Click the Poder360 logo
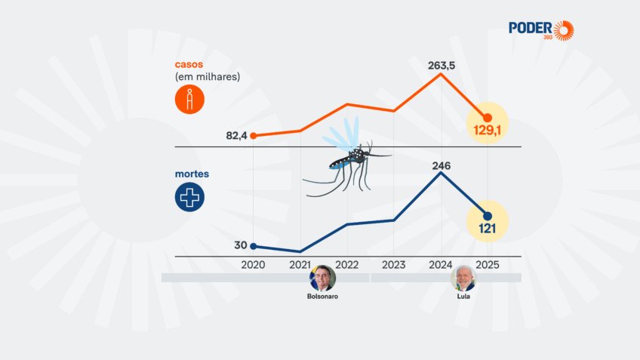(x=540, y=30)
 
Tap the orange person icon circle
(x=189, y=100)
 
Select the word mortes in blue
(x=192, y=174)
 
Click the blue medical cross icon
(x=189, y=197)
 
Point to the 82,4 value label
(x=236, y=136)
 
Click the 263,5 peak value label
(x=441, y=64)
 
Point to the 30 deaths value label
(x=241, y=245)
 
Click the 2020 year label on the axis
(x=253, y=265)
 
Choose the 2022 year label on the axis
(x=347, y=265)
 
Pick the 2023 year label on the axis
(x=394, y=265)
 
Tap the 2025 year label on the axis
(x=488, y=265)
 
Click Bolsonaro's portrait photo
(x=322, y=278)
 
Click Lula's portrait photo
(x=463, y=278)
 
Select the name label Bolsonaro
(x=322, y=297)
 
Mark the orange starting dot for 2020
(x=254, y=136)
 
